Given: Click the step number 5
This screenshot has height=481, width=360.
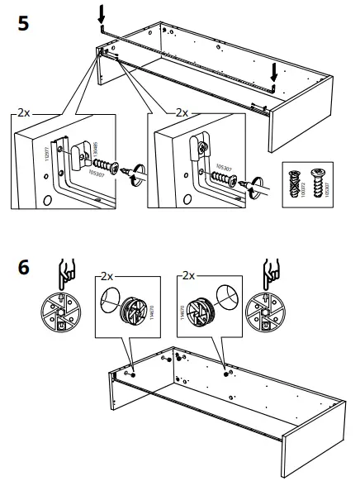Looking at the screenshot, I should pos(25,22).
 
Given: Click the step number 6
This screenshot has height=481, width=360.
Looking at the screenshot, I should pos(25,269).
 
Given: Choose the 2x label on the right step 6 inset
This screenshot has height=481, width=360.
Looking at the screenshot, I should pos(187,275).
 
